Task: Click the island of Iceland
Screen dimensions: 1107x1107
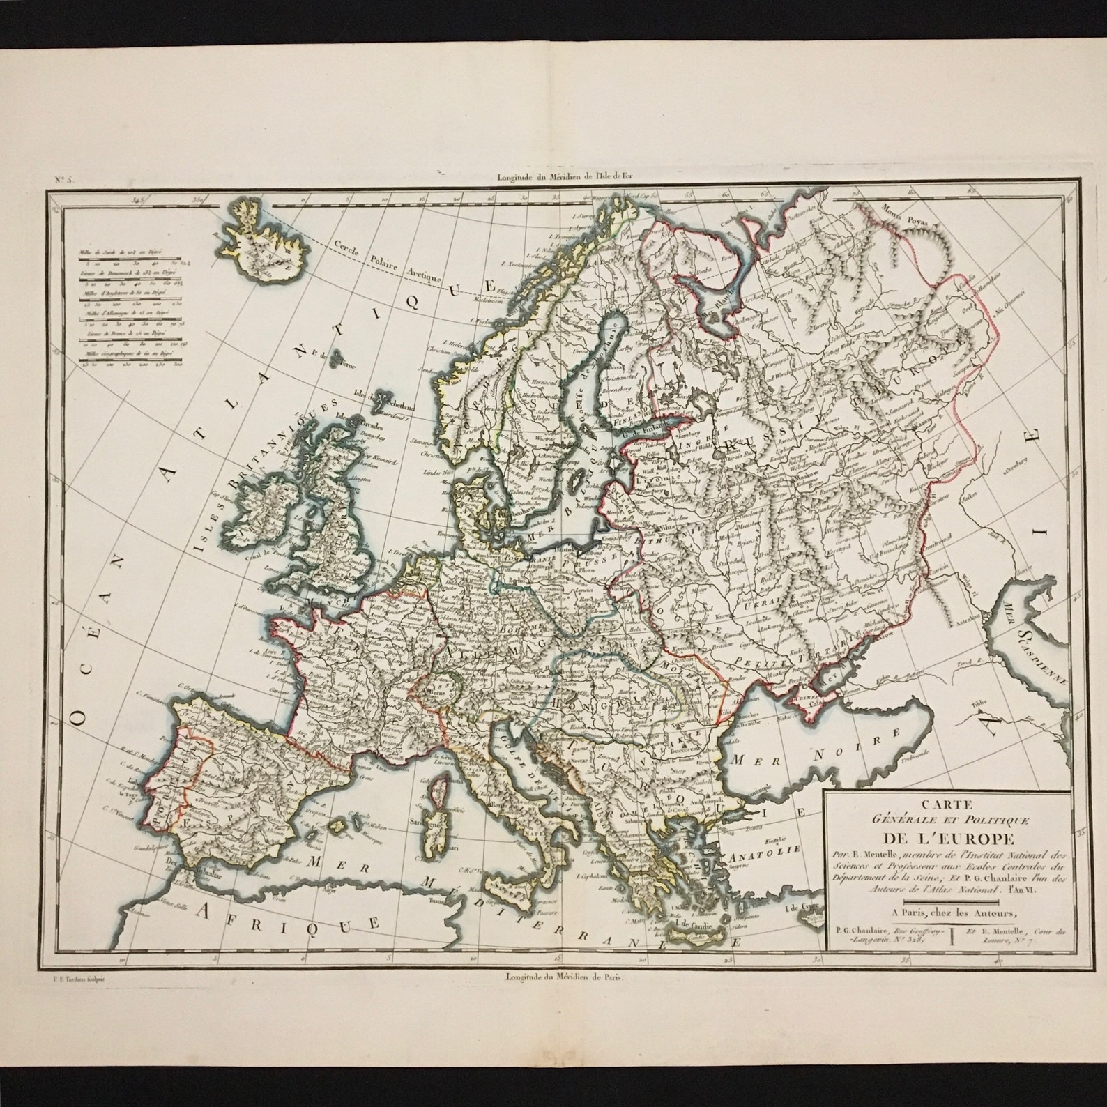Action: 260,243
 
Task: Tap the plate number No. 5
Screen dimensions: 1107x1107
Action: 64,179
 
